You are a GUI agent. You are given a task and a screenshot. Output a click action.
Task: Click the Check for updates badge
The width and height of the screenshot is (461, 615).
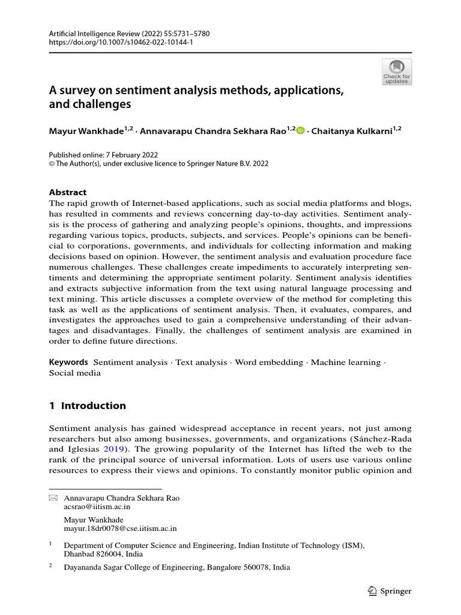pos(397,71)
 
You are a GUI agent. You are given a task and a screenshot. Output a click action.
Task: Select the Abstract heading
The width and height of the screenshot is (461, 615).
pos(67,192)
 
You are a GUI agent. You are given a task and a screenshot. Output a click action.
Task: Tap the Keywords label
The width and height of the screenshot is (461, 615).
pos(68,362)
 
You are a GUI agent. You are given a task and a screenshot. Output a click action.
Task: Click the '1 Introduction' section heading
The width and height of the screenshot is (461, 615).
pos(87,405)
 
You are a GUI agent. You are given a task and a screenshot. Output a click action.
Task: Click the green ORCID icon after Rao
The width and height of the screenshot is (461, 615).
pos(301,130)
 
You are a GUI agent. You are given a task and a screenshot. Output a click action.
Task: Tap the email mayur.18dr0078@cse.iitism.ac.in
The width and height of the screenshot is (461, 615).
pos(120,529)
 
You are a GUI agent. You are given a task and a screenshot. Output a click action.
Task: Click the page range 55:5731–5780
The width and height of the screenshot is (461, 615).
pos(188,34)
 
